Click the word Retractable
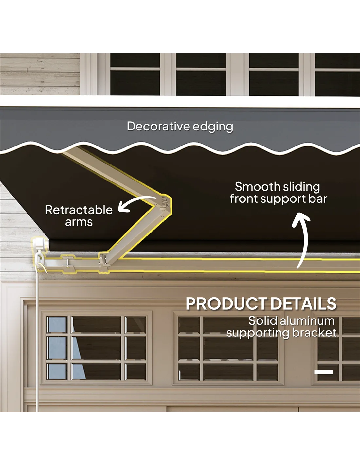pyautogui.click(x=79, y=210)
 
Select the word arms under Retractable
pyautogui.click(x=79, y=222)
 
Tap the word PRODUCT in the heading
pyautogui.click(x=226, y=304)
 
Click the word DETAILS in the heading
pyautogui.click(x=303, y=304)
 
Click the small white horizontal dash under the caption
pyautogui.click(x=323, y=372)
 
